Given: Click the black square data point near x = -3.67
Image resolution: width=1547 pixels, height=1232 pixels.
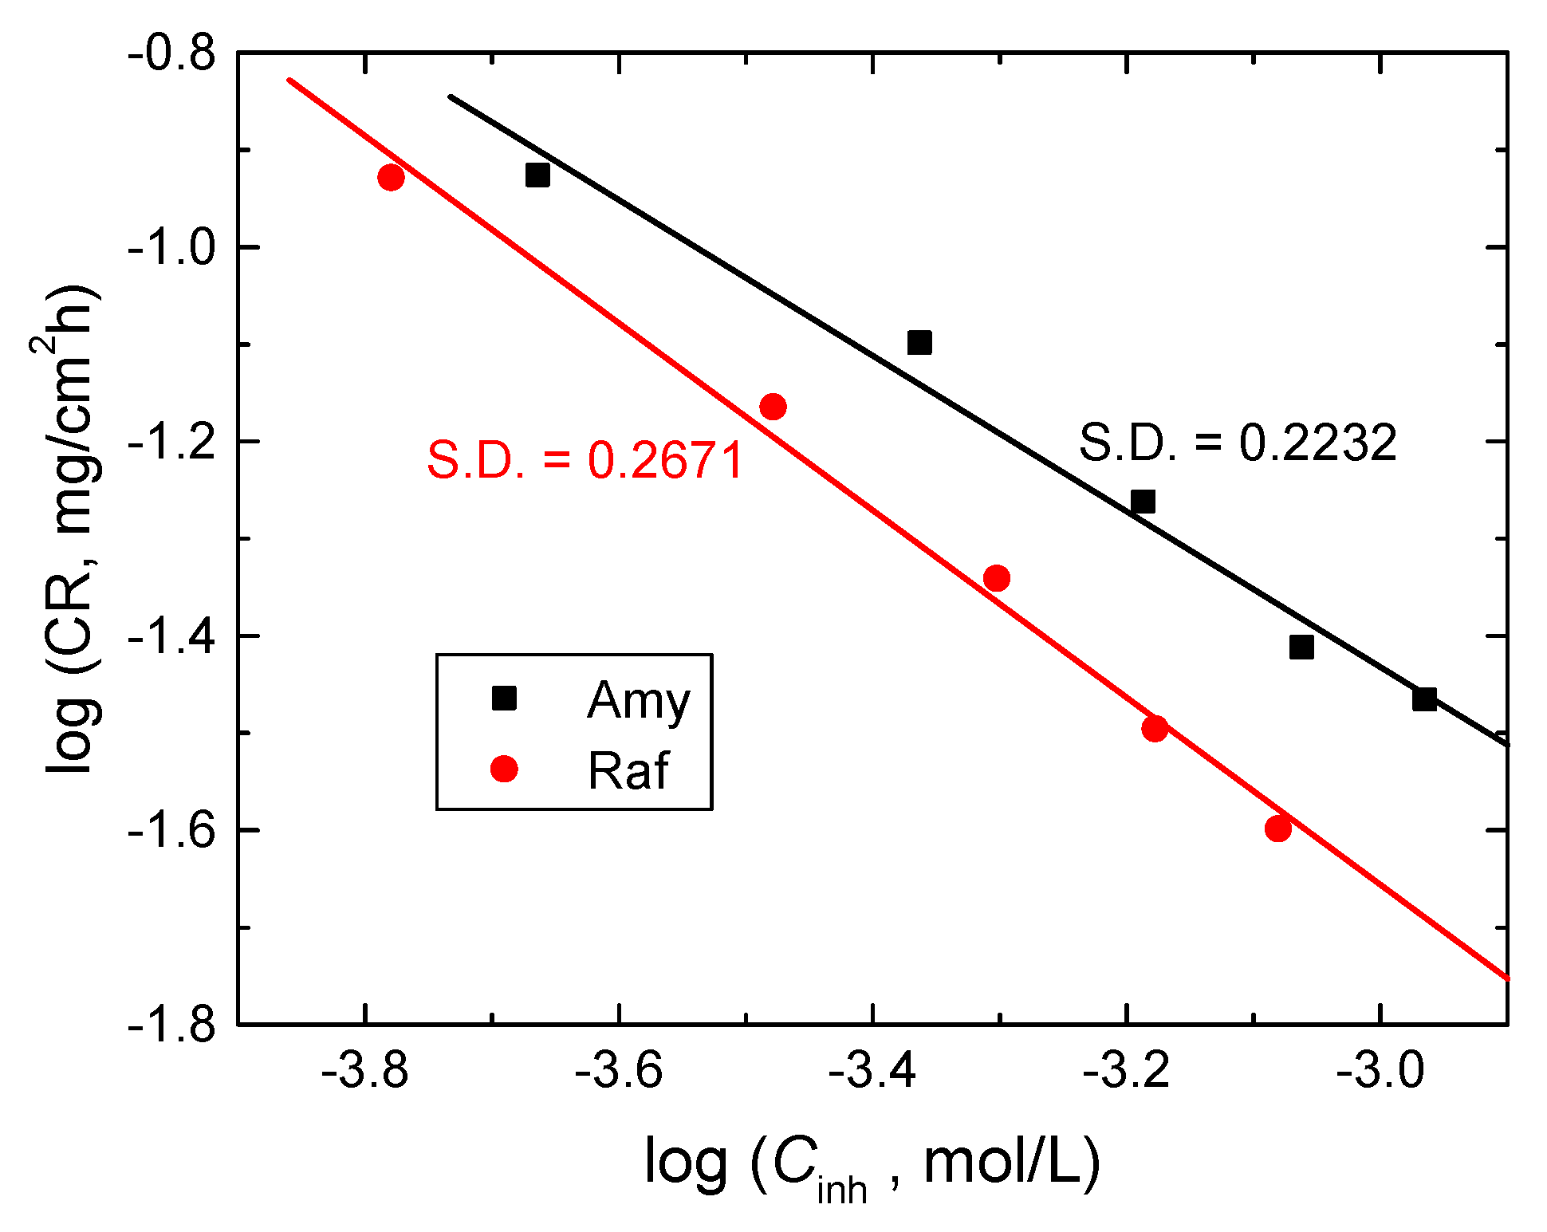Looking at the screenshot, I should pos(537,175).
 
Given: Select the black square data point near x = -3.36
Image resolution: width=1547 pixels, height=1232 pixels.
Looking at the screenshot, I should pos(919,343).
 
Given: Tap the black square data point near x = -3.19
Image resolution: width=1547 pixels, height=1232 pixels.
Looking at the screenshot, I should pos(1143,502).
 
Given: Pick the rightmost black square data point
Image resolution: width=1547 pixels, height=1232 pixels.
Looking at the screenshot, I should pos(1424,699).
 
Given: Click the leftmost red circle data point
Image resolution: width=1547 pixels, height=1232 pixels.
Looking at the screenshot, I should pos(391,177).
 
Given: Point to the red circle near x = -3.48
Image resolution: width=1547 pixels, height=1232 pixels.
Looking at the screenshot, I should pos(773,407).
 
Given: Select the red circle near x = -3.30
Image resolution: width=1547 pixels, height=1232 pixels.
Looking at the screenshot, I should pos(997,578).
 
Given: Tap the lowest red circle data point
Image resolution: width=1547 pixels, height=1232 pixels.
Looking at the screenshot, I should pos(1278,829).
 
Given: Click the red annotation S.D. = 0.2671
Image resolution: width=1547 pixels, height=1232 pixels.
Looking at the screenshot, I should pos(585,460).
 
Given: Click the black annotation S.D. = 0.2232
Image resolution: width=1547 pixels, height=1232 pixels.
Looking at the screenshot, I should pos(1238,443).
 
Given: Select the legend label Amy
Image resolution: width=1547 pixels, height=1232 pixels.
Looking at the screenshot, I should pos(639,700).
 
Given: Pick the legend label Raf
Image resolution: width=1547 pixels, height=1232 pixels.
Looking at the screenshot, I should pos(628,770).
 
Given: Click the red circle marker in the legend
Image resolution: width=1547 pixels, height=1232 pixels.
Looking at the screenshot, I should pos(504,769).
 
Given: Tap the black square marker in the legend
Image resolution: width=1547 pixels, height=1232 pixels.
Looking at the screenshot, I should pos(504,699).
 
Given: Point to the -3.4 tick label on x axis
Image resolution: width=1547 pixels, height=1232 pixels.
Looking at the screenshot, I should pos(872,1070).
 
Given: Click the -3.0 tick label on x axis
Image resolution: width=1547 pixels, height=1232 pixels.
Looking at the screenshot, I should pos(1380,1070).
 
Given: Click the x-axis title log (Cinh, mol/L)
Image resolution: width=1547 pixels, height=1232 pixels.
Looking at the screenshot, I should pos(872,1166).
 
